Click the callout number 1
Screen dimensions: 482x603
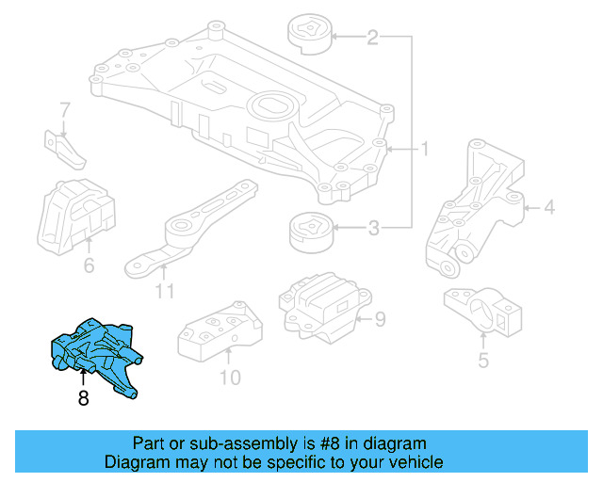(x=425, y=149)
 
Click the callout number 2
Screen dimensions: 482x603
(x=372, y=38)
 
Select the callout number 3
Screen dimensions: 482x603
(x=373, y=227)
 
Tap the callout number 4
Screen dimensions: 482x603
(x=549, y=207)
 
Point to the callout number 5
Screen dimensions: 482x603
(x=482, y=360)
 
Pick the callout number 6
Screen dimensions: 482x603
(x=89, y=265)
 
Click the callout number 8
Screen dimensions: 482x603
(x=83, y=398)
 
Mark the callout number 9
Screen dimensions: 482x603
(x=380, y=320)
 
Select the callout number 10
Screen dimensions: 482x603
(x=229, y=378)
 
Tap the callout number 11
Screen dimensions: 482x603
(x=165, y=291)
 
